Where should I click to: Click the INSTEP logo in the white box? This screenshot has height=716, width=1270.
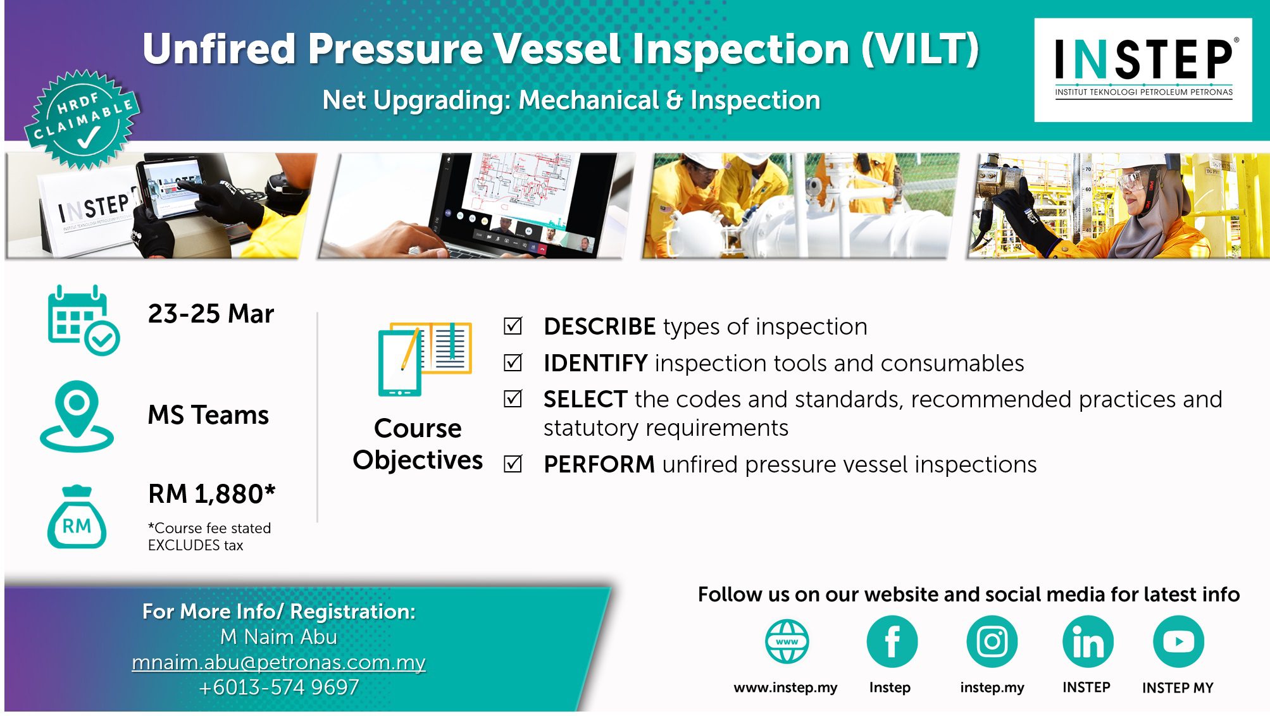pyautogui.click(x=1143, y=69)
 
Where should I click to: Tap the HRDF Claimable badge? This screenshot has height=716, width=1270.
pyautogui.click(x=83, y=120)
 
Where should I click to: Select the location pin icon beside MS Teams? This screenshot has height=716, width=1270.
pyautogui.click(x=77, y=416)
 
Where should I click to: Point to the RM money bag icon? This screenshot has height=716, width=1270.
pyautogui.click(x=77, y=517)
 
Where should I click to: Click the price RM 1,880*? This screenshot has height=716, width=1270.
pyautogui.click(x=212, y=494)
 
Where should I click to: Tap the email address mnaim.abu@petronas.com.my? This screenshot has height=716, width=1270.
pyautogui.click(x=278, y=662)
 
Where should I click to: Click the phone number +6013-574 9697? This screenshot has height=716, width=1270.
pyautogui.click(x=278, y=687)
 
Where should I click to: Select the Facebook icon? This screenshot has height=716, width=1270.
pyautogui.click(x=892, y=641)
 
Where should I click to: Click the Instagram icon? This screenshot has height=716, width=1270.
pyautogui.click(x=992, y=641)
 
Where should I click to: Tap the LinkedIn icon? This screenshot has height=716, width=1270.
pyautogui.click(x=1088, y=641)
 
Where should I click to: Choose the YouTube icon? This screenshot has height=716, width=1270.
pyautogui.click(x=1178, y=641)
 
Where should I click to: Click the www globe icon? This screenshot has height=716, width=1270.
pyautogui.click(x=787, y=641)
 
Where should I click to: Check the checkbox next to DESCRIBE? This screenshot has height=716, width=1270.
pyautogui.click(x=513, y=326)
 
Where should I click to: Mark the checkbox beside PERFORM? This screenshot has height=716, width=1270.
pyautogui.click(x=513, y=464)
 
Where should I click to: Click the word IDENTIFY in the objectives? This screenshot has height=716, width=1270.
pyautogui.click(x=595, y=363)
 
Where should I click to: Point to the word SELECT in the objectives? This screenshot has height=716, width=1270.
pyautogui.click(x=585, y=399)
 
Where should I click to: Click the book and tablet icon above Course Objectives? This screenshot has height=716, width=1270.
pyautogui.click(x=425, y=359)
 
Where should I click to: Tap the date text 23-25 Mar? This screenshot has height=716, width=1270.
pyautogui.click(x=211, y=314)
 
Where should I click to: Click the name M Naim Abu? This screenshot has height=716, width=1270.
pyautogui.click(x=278, y=637)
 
